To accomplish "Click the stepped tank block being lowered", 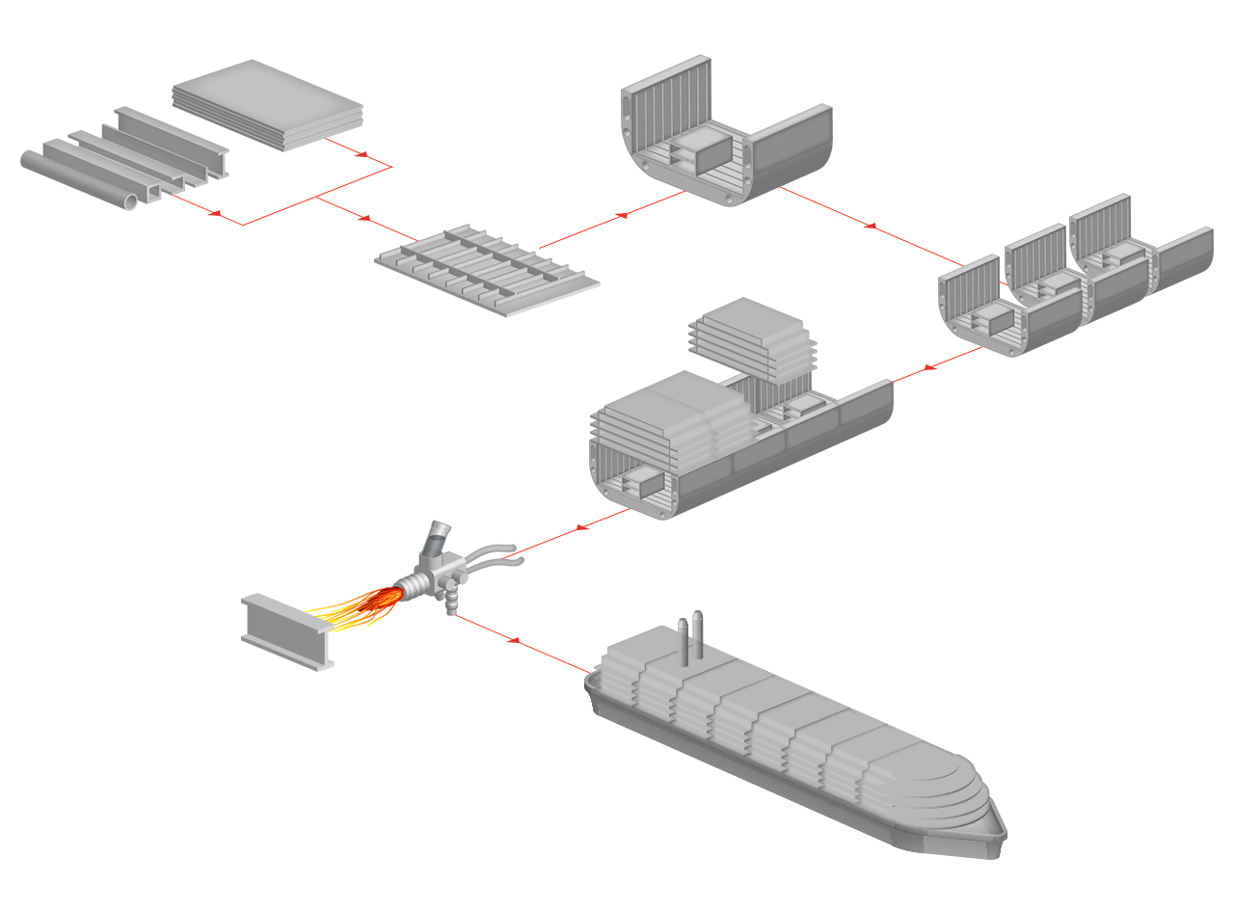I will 754,342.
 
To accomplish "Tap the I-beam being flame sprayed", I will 287,631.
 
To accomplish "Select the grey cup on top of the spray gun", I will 438,538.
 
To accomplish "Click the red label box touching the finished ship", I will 518,648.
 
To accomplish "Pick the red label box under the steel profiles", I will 183,223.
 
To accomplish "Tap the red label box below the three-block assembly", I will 938,378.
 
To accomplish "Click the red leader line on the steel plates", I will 345,147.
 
